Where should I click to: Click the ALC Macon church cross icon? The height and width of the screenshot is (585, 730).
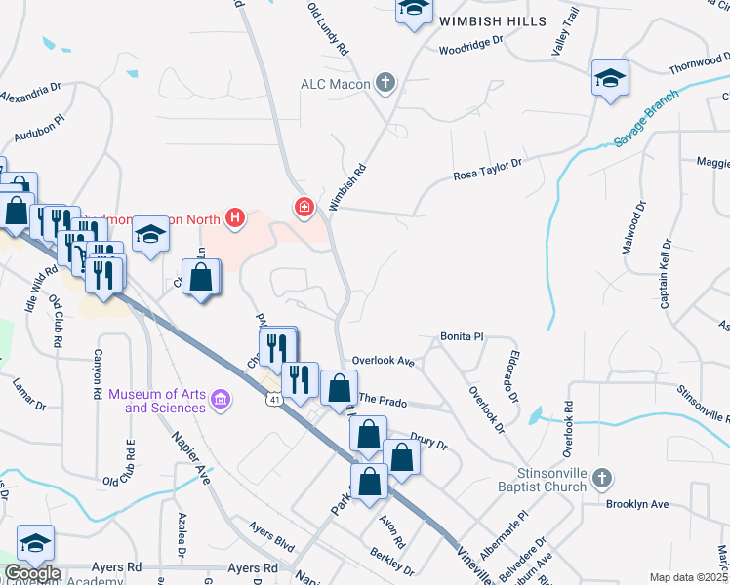point(386,83)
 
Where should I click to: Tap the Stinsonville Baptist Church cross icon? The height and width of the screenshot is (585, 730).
point(603,478)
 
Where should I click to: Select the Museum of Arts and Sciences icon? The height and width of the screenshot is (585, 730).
point(221,400)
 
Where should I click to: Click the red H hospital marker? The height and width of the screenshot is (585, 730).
point(234,217)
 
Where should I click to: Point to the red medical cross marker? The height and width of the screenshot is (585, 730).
point(304,207)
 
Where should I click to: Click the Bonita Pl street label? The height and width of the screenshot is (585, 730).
point(462,335)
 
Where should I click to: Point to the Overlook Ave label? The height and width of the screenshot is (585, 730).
point(385,361)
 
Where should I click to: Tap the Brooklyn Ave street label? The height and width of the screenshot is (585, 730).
point(636,505)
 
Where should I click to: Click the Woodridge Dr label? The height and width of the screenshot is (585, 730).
point(470,46)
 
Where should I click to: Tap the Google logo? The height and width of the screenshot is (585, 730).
point(33,573)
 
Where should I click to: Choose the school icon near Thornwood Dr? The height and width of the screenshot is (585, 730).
point(610,78)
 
